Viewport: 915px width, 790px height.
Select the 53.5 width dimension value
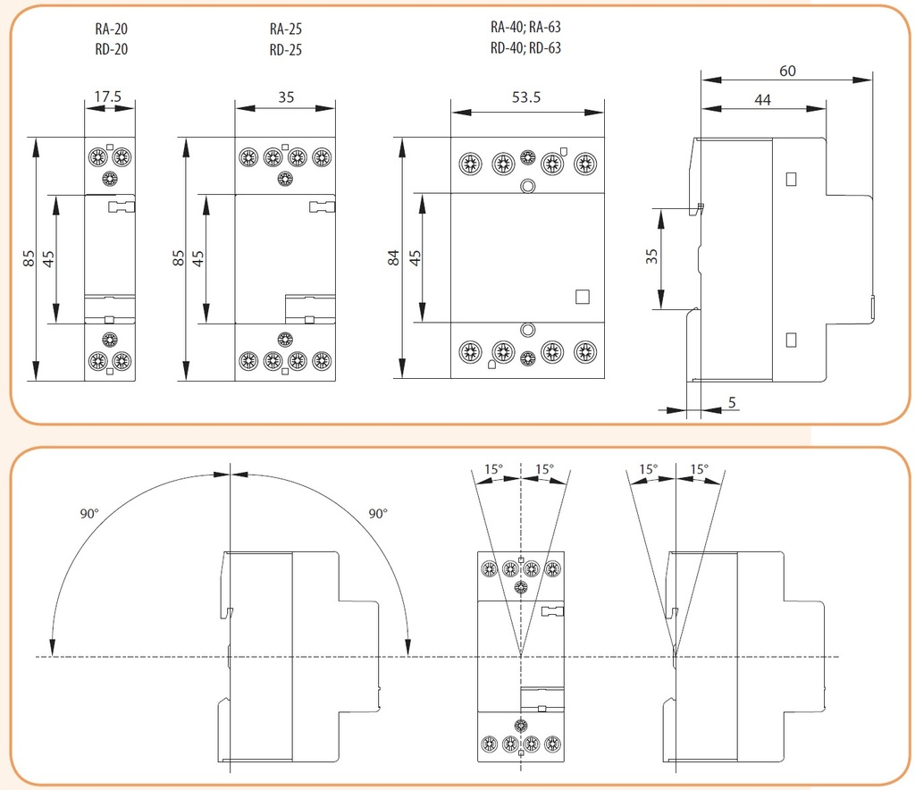point(526,97)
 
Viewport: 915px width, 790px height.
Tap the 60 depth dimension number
point(787,71)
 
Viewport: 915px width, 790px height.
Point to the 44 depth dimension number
point(762,100)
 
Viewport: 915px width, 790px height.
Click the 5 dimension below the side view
point(732,403)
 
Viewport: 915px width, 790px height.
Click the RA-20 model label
point(112,29)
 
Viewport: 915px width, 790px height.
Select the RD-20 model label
point(112,49)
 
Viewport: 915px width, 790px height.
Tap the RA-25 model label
point(285,29)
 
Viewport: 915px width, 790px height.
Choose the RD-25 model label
point(285,49)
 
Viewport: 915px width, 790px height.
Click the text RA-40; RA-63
point(525,27)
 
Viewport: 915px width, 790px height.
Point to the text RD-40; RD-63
point(525,48)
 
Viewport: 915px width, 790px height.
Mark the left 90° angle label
point(89,514)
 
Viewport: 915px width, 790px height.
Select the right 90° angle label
point(378,514)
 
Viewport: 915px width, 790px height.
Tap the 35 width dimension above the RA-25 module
point(285,97)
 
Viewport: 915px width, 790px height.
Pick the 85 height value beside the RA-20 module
point(29,258)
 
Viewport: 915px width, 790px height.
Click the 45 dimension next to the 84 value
point(415,258)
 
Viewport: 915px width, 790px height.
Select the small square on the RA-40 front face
point(582,298)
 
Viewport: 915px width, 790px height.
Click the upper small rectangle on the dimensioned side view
point(790,179)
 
